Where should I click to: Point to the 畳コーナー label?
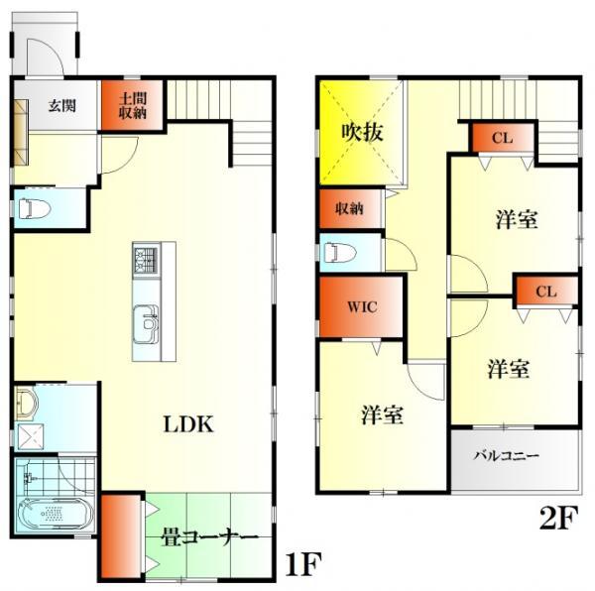point(209,537)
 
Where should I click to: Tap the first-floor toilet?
point(37,209)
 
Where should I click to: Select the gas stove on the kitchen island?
point(145,261)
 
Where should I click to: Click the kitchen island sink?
point(147,323)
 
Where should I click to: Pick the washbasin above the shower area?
point(27,402)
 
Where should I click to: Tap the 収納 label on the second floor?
point(348,208)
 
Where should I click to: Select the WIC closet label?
point(361,306)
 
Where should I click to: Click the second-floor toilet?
point(340,252)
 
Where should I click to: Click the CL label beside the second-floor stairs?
point(502,137)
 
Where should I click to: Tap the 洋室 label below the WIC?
point(382,415)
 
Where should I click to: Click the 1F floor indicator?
point(304,565)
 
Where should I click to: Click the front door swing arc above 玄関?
point(47,55)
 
